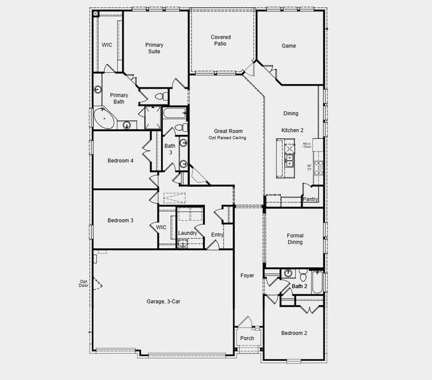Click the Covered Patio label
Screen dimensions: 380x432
point(221,41)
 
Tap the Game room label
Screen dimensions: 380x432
point(289,46)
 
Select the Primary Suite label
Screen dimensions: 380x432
point(154,48)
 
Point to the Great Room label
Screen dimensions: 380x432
point(227,131)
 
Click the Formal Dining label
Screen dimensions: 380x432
point(294,239)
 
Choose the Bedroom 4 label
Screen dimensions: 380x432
point(120,161)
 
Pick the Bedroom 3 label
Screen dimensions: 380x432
point(120,220)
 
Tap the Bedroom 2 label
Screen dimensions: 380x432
point(294,333)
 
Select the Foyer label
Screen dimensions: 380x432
point(247,275)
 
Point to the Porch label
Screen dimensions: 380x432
point(247,338)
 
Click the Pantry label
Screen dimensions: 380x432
point(310,199)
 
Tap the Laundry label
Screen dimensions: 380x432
point(187,233)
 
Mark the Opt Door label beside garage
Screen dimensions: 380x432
point(83,283)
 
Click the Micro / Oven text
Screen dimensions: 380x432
point(307,147)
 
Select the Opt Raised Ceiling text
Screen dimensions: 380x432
point(227,137)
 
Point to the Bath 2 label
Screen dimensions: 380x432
point(299,287)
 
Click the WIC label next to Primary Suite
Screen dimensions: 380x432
point(107,45)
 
